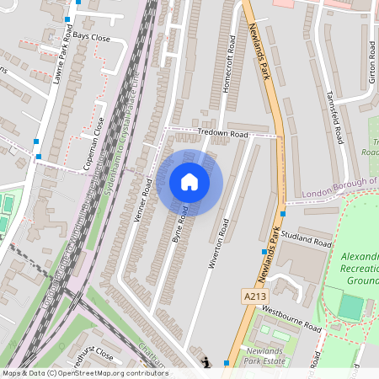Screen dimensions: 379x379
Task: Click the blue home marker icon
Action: (x=189, y=182)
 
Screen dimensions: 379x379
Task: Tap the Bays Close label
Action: (x=91, y=38)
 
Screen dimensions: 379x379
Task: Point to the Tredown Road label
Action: (x=222, y=134)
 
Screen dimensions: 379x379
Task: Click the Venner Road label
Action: (x=142, y=204)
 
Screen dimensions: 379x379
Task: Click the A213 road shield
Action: (x=255, y=296)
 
